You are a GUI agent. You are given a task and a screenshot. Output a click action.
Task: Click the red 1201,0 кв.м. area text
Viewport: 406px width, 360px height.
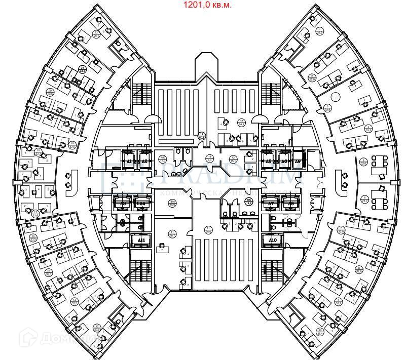point(207,5)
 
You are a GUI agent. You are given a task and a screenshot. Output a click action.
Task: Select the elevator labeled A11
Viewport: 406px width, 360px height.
point(142,240)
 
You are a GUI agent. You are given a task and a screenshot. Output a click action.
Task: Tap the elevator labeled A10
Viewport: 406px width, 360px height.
point(273,240)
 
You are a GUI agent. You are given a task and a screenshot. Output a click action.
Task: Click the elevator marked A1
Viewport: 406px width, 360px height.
point(129,161)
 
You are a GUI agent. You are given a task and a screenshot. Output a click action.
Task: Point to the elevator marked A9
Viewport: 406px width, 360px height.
point(298,161)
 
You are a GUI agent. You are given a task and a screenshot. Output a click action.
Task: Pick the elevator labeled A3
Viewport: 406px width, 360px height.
point(123,204)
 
